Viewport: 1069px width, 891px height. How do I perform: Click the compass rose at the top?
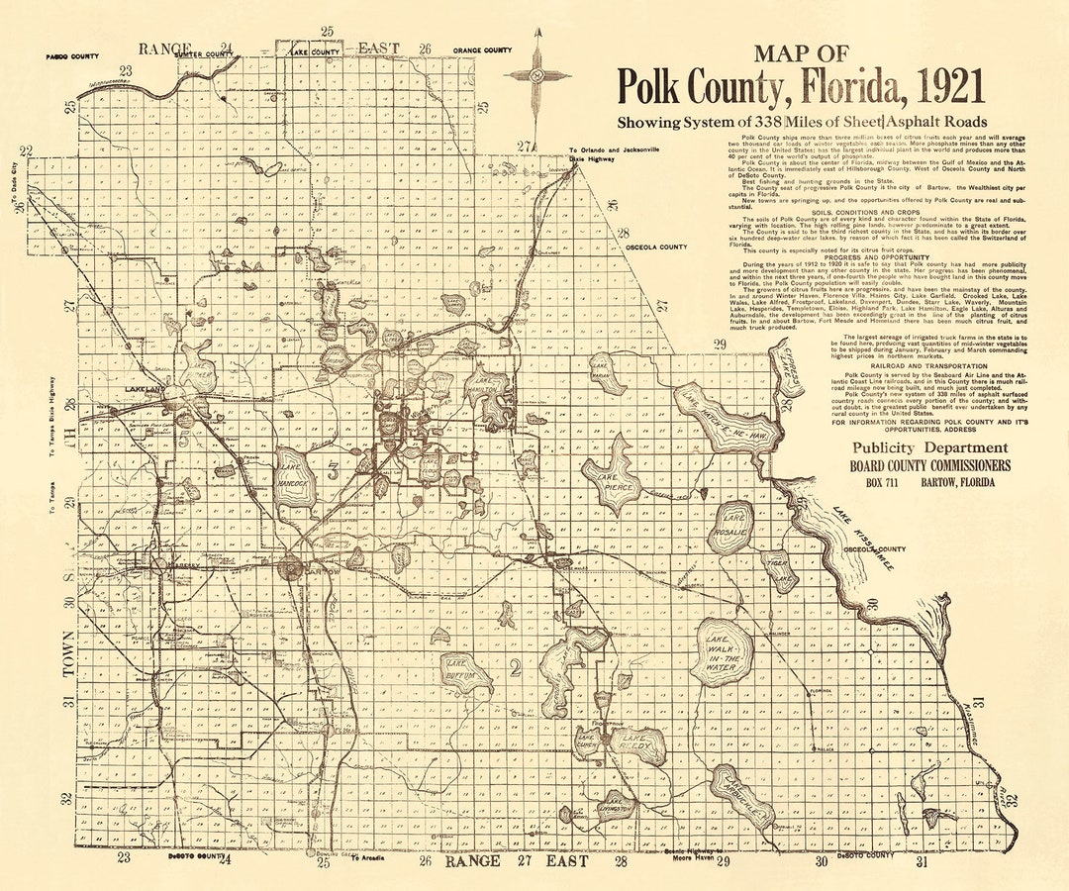tap(536, 75)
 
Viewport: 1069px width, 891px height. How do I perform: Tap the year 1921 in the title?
tap(946, 88)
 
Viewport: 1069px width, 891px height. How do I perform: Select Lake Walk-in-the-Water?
tap(724, 652)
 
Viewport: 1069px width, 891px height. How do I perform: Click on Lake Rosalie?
tap(734, 525)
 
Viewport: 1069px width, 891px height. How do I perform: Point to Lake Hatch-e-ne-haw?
tap(728, 416)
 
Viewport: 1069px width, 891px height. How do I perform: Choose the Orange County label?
tap(482, 50)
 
